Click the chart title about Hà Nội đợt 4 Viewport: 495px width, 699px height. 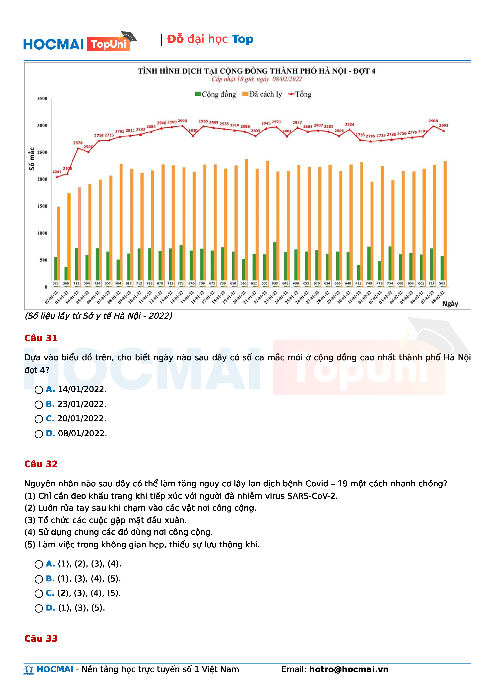point(256,71)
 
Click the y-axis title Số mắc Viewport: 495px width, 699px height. point(31,159)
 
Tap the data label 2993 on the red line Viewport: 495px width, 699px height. point(182,121)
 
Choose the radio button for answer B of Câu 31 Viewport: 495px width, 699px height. point(39,404)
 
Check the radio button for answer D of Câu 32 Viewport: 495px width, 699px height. point(39,608)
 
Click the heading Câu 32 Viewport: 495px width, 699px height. point(41,464)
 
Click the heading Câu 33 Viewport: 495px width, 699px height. point(41,638)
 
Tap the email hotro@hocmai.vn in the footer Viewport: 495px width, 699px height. point(349,669)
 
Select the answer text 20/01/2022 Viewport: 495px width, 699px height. point(82,418)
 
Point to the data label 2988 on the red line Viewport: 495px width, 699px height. point(433,121)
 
